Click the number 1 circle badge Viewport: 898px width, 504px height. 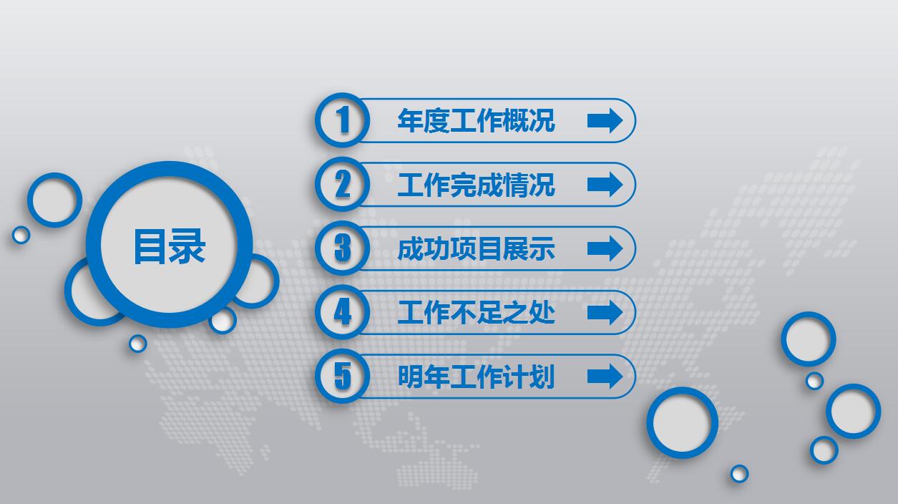point(343,120)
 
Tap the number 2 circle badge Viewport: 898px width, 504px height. point(343,184)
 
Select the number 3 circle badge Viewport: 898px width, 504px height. point(343,248)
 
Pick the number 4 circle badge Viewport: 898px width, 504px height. point(343,312)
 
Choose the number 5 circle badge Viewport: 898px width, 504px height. point(343,376)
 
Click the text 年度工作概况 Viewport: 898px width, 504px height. point(476,120)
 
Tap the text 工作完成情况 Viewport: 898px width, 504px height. point(476,185)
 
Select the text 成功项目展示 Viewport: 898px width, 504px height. point(476,249)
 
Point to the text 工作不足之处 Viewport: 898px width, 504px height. point(476,313)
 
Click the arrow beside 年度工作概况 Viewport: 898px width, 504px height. point(605,120)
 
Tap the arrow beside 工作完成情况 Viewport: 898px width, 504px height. point(605,185)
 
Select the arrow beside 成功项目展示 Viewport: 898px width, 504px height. point(605,248)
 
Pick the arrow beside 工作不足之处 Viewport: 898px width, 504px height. point(605,312)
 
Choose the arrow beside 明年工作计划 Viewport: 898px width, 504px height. point(605,376)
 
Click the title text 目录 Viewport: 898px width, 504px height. point(170,246)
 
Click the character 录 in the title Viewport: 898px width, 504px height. point(188,246)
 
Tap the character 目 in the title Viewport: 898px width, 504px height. point(150,246)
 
